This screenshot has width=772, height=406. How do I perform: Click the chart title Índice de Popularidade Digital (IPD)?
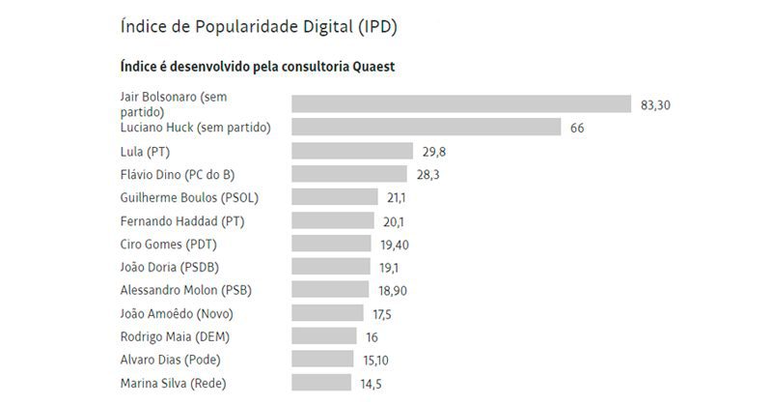[x=259, y=26]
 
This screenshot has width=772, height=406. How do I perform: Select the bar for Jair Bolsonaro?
[x=460, y=104]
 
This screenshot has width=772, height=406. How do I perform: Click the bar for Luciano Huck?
[x=426, y=128]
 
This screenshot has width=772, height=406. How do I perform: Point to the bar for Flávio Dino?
[x=348, y=174]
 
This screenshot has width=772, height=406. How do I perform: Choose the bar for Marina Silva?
[x=320, y=383]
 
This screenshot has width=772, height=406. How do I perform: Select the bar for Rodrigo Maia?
[x=323, y=336]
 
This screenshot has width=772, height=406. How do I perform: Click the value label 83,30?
[x=655, y=104]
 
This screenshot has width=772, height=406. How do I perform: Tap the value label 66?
[x=577, y=128]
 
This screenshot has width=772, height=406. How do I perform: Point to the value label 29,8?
[x=433, y=152]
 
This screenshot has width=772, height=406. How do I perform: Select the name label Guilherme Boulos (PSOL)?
[x=189, y=197]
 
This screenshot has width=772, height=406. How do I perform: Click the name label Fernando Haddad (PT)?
[x=182, y=220]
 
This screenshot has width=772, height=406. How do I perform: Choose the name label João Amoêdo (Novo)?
[x=177, y=313]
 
